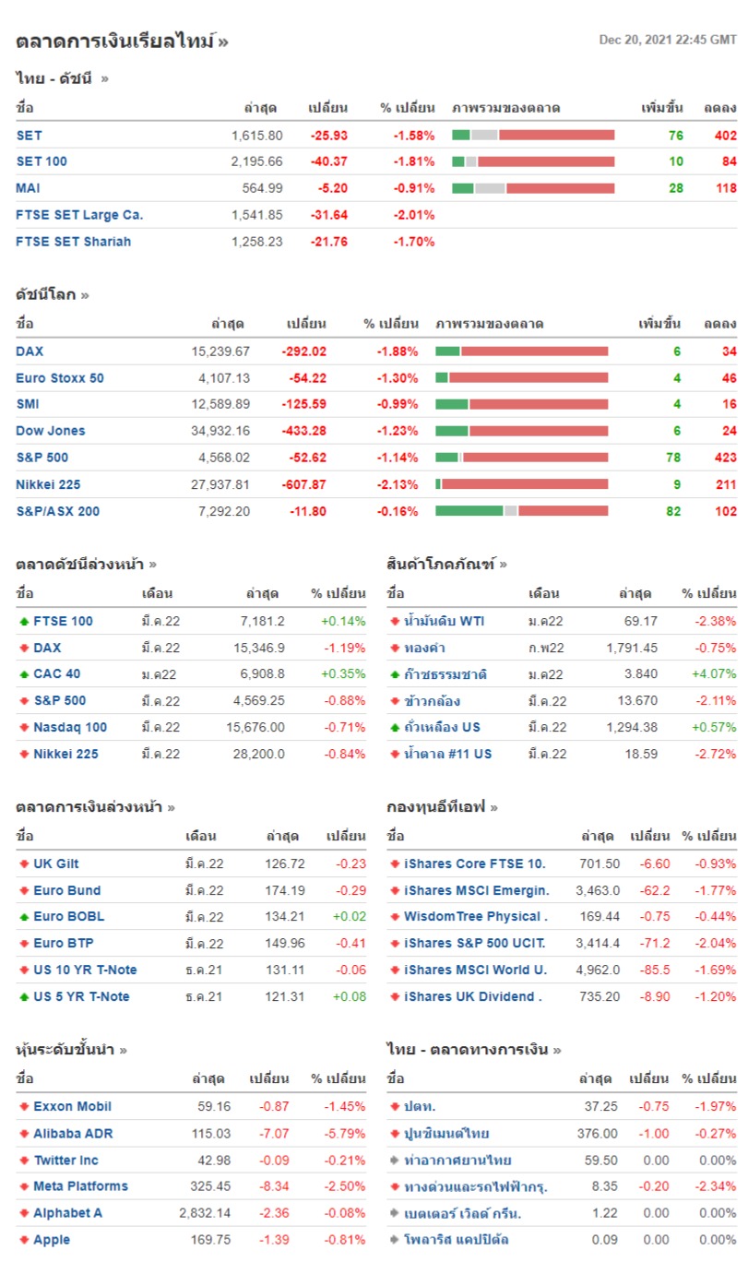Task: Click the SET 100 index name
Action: click(x=42, y=161)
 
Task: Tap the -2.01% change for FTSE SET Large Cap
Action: click(x=414, y=215)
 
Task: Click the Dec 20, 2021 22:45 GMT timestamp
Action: click(x=668, y=40)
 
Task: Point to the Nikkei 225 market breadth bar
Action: click(x=521, y=483)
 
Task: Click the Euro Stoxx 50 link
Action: click(x=60, y=377)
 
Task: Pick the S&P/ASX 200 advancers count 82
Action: click(x=672, y=510)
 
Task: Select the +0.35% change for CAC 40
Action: click(x=343, y=674)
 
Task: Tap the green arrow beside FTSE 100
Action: click(x=23, y=622)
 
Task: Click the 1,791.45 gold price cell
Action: click(x=632, y=648)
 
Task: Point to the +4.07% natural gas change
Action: click(x=715, y=674)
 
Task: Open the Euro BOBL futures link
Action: click(x=69, y=917)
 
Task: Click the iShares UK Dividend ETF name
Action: click(x=472, y=996)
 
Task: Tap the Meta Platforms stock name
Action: click(x=80, y=1186)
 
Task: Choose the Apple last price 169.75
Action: click(x=212, y=1240)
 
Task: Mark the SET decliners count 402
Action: click(x=725, y=135)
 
